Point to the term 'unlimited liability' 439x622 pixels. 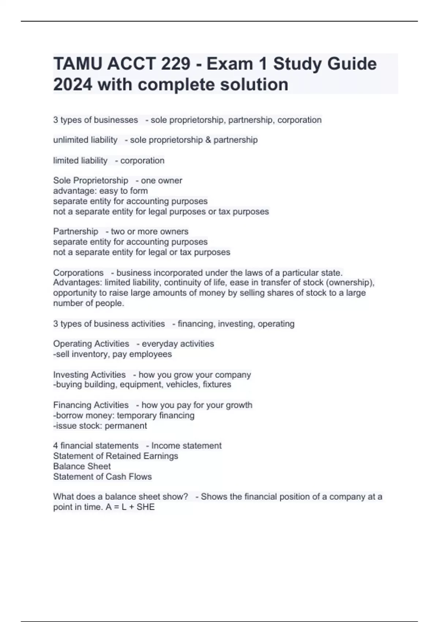tap(85, 140)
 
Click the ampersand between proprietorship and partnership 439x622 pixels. tap(208, 140)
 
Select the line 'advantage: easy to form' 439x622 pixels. tap(100, 191)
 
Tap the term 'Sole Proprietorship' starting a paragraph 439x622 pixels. tap(90, 181)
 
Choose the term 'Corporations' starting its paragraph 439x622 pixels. tap(78, 273)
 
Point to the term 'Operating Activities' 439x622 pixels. tap(91, 344)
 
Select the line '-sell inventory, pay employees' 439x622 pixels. tap(112, 354)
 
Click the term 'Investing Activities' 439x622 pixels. tap(89, 375)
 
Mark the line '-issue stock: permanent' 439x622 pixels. tap(100, 426)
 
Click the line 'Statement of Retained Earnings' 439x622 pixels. tap(116, 456)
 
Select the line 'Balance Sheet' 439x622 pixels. tap(82, 466)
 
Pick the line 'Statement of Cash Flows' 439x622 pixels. tap(102, 477)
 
